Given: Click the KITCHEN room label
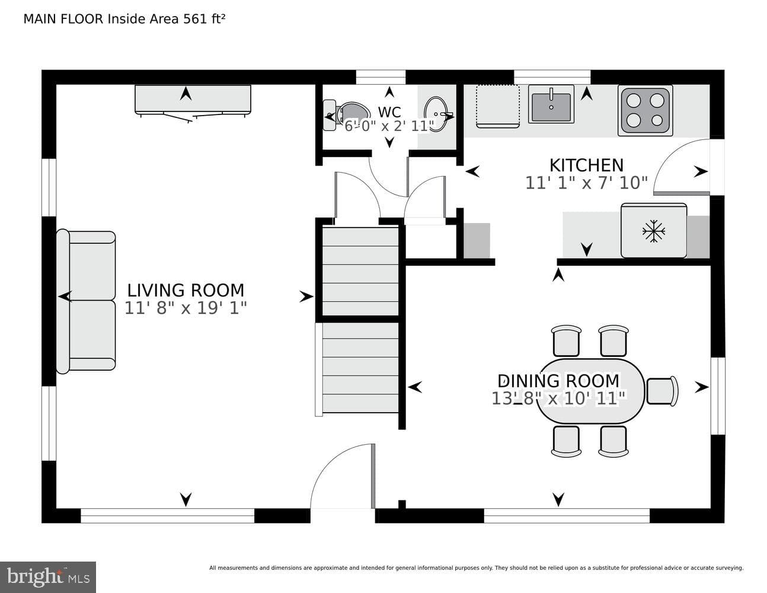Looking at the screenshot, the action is pyautogui.click(x=586, y=165).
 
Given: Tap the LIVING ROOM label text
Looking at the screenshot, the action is pyautogui.click(x=186, y=291).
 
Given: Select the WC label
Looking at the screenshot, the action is pyautogui.click(x=389, y=112).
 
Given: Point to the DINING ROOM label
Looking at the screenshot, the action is pyautogui.click(x=558, y=381).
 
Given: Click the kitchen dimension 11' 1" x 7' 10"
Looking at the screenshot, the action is pyautogui.click(x=587, y=183).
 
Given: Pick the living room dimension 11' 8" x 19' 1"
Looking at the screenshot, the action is pyautogui.click(x=186, y=308).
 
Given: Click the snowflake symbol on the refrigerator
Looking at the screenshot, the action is pyautogui.click(x=654, y=231).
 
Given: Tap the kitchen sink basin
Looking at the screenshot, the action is pyautogui.click(x=551, y=104).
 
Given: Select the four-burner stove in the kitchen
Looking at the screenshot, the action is pyautogui.click(x=645, y=110).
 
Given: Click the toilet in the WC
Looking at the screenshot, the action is pyautogui.click(x=346, y=115).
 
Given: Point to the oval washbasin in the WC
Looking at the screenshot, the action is pyautogui.click(x=436, y=114).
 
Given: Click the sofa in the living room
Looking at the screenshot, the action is pyautogui.click(x=86, y=301).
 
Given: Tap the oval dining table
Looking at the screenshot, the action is pyautogui.click(x=590, y=391).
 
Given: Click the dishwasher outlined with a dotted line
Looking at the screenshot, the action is pyautogui.click(x=498, y=106).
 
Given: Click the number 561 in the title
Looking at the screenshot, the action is pyautogui.click(x=195, y=19).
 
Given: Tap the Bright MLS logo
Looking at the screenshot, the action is pyautogui.click(x=48, y=577).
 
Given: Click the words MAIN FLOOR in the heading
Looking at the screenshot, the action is pyautogui.click(x=63, y=19).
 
